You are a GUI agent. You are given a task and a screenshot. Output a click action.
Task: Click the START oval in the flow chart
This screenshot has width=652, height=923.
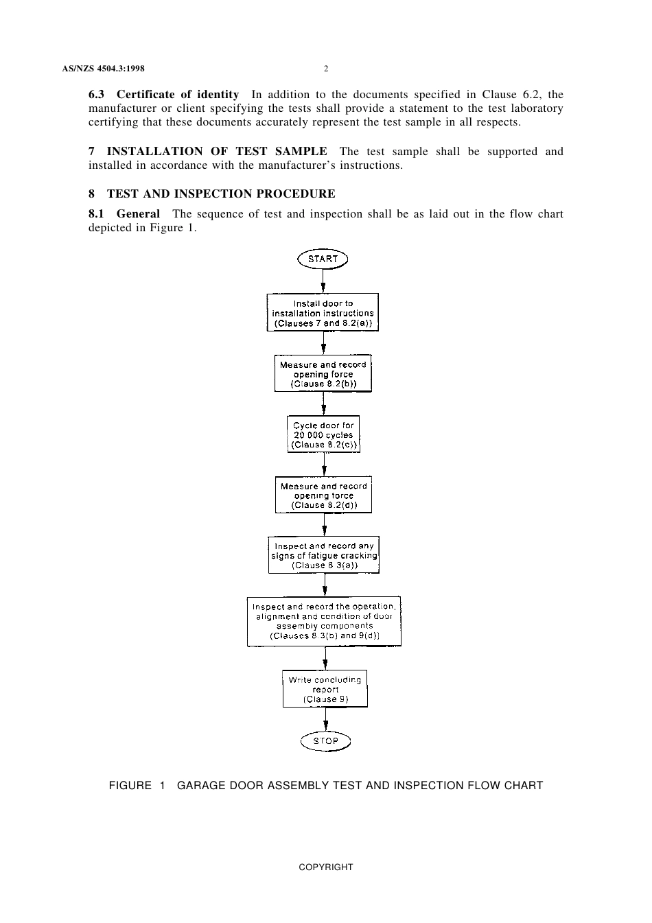[323, 259]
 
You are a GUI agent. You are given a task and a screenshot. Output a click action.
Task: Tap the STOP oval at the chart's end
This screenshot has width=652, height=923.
[325, 740]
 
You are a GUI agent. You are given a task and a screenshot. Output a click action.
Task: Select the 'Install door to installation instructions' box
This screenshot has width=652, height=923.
[323, 313]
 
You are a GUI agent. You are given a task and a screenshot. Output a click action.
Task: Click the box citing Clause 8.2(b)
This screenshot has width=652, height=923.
[323, 374]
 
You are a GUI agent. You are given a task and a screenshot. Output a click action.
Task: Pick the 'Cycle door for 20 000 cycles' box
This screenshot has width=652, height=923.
[323, 434]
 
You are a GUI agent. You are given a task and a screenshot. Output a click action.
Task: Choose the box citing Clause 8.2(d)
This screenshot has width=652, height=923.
[324, 495]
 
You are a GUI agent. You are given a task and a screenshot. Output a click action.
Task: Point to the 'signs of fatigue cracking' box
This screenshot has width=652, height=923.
[324, 555]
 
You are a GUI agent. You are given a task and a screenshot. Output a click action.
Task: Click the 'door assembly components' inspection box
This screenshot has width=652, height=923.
[324, 621]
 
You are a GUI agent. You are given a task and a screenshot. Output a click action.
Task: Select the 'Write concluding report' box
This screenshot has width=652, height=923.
[325, 689]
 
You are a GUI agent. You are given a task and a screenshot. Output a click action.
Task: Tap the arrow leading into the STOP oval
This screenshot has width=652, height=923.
[326, 718]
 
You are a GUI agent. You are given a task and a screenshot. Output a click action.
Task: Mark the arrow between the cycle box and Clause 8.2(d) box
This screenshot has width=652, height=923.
[324, 465]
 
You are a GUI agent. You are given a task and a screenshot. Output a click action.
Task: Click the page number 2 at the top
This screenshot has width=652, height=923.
[326, 69]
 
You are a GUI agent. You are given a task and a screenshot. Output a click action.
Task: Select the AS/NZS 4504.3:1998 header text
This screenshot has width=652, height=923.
[104, 69]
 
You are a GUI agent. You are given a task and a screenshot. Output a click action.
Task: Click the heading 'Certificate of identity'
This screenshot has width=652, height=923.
[178, 95]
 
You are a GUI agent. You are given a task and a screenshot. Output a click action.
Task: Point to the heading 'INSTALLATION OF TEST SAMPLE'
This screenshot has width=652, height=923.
[217, 152]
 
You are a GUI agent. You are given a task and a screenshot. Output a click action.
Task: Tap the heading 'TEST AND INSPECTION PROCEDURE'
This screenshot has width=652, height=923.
[221, 194]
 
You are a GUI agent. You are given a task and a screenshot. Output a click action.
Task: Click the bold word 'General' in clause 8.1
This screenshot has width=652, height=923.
[138, 214]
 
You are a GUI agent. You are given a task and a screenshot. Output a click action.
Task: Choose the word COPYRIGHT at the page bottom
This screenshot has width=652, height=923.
[326, 867]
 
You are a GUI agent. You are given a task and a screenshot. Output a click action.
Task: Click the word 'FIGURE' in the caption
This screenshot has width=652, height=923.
[130, 786]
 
